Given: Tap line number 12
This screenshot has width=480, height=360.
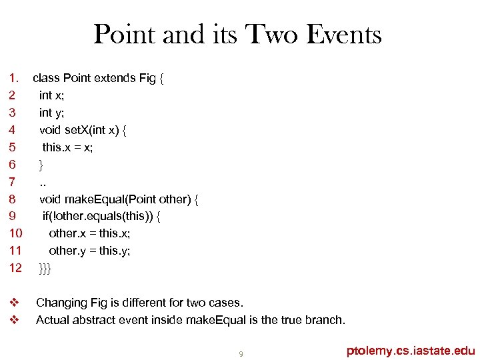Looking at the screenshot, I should click(x=15, y=268).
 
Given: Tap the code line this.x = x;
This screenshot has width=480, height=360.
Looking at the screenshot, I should click(x=67, y=147).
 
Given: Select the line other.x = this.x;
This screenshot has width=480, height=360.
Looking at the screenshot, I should click(x=89, y=233).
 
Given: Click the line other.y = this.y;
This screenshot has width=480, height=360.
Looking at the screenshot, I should click(x=89, y=251).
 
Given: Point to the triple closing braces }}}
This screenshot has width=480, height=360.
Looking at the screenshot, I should click(x=45, y=268).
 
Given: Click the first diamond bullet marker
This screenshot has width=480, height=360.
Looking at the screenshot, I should click(x=13, y=303).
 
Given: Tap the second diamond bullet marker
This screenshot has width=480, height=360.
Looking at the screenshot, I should click(x=13, y=320).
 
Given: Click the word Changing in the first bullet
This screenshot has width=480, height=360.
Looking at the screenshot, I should click(x=62, y=303).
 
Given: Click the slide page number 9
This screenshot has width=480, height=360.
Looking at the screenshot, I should click(x=241, y=353).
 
